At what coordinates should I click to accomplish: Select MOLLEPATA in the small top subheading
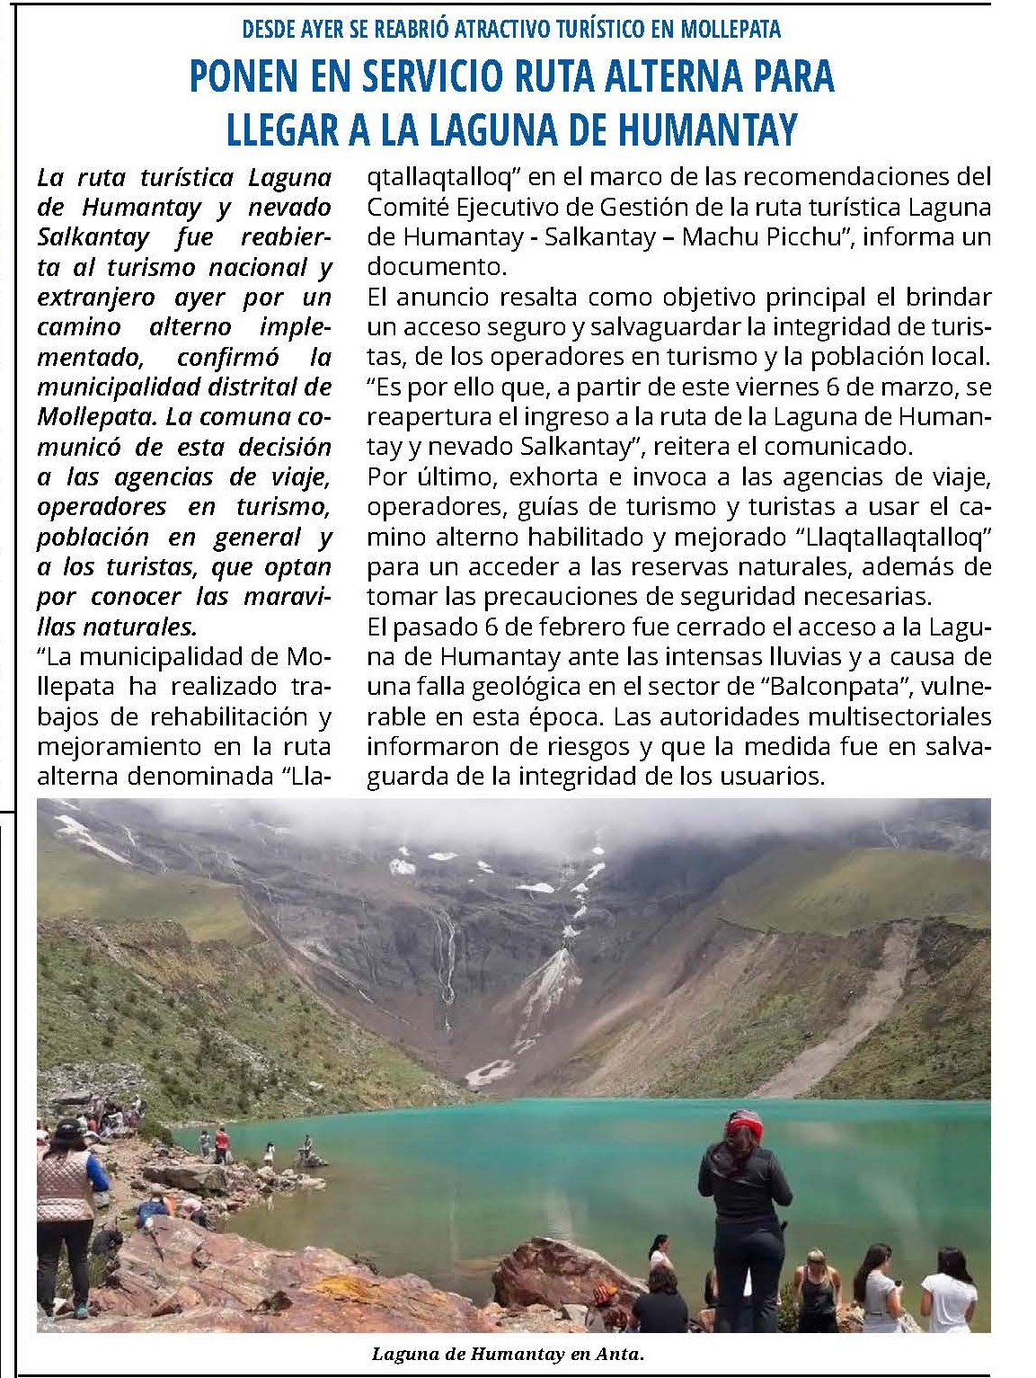click(731, 29)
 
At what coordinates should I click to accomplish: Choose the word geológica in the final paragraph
click(545, 687)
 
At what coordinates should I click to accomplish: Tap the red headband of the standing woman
click(745, 1123)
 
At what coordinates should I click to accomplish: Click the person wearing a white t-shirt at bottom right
click(948, 1295)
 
